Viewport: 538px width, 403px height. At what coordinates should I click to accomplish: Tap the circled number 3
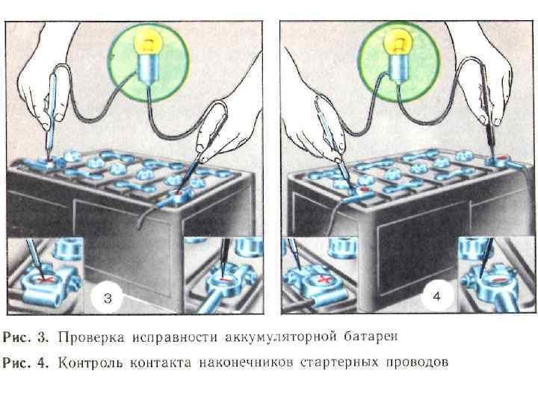(108, 299)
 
